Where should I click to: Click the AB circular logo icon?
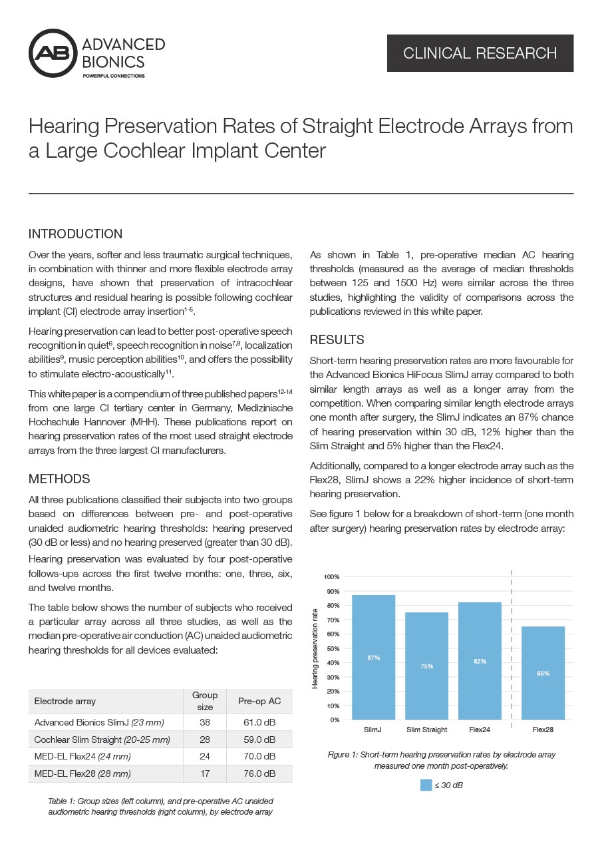click(x=53, y=53)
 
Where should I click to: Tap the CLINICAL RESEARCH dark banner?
click(x=480, y=53)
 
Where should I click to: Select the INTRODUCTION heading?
click(x=75, y=234)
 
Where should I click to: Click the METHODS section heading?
click(x=59, y=479)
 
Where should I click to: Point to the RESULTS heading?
click(x=337, y=340)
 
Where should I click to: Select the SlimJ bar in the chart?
click(x=373, y=657)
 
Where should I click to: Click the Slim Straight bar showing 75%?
click(x=426, y=666)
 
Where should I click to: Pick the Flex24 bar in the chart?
click(x=480, y=660)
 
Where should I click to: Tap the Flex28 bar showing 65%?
click(x=543, y=673)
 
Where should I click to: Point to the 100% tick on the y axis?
click(x=331, y=576)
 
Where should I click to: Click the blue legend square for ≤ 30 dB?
click(x=426, y=785)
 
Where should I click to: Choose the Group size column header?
click(x=205, y=700)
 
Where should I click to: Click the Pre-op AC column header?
click(x=259, y=701)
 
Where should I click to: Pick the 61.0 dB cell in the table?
click(x=259, y=722)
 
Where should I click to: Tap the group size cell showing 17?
click(x=205, y=773)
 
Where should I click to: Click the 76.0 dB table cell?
click(x=259, y=773)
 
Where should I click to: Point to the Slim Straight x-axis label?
click(x=426, y=730)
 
